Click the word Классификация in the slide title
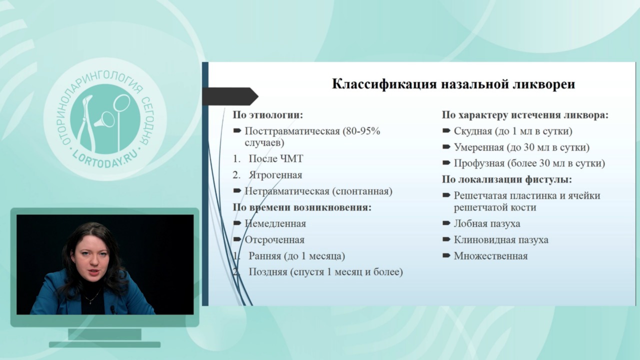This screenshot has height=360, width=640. tap(384, 84)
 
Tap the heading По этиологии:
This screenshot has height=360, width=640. tap(267, 115)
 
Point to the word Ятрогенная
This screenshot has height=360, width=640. tap(275, 175)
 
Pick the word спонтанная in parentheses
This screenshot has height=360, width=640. tap(362, 191)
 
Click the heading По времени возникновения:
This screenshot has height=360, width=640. tap(302, 207)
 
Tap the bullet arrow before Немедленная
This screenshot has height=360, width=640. tap(237, 223)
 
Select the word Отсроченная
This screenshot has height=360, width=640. tap(274, 240)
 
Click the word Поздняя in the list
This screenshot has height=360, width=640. tap(267, 271)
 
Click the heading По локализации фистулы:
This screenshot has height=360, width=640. tap(507, 179)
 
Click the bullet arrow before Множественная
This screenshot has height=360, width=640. tap(446, 255)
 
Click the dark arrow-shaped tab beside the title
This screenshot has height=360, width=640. tap(230, 96)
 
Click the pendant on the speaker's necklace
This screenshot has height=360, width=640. tap(91, 302)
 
